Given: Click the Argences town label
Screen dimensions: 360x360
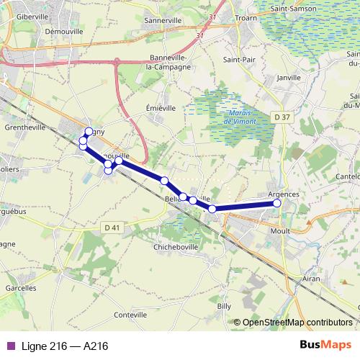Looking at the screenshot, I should click(x=283, y=194).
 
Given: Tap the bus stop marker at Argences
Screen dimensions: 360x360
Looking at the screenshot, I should click(x=277, y=204).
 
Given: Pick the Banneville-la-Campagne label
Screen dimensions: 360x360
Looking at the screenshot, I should click(x=171, y=62).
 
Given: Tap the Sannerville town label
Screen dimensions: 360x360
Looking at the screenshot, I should click(x=163, y=22).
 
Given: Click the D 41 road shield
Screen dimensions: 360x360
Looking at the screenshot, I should click(x=111, y=227).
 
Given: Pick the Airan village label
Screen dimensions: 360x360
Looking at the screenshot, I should click(x=312, y=278).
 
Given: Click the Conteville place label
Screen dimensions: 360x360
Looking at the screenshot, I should click(x=130, y=315).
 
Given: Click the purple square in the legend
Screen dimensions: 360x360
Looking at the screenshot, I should click(x=10, y=346).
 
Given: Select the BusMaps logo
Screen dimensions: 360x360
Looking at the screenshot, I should click(x=326, y=345).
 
